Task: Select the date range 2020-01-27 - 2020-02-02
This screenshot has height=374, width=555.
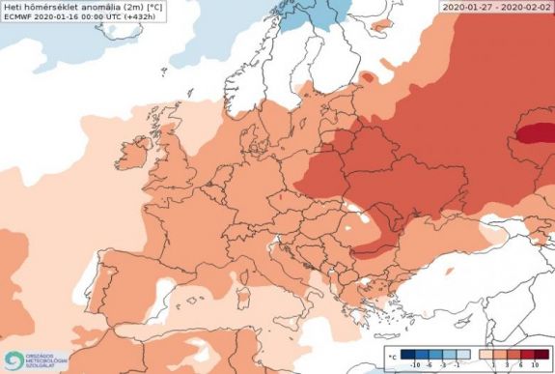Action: coord(496,6)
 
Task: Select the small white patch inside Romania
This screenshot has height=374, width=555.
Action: coord(346,231)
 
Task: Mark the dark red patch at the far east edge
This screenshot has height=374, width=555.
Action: coord(537,129)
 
